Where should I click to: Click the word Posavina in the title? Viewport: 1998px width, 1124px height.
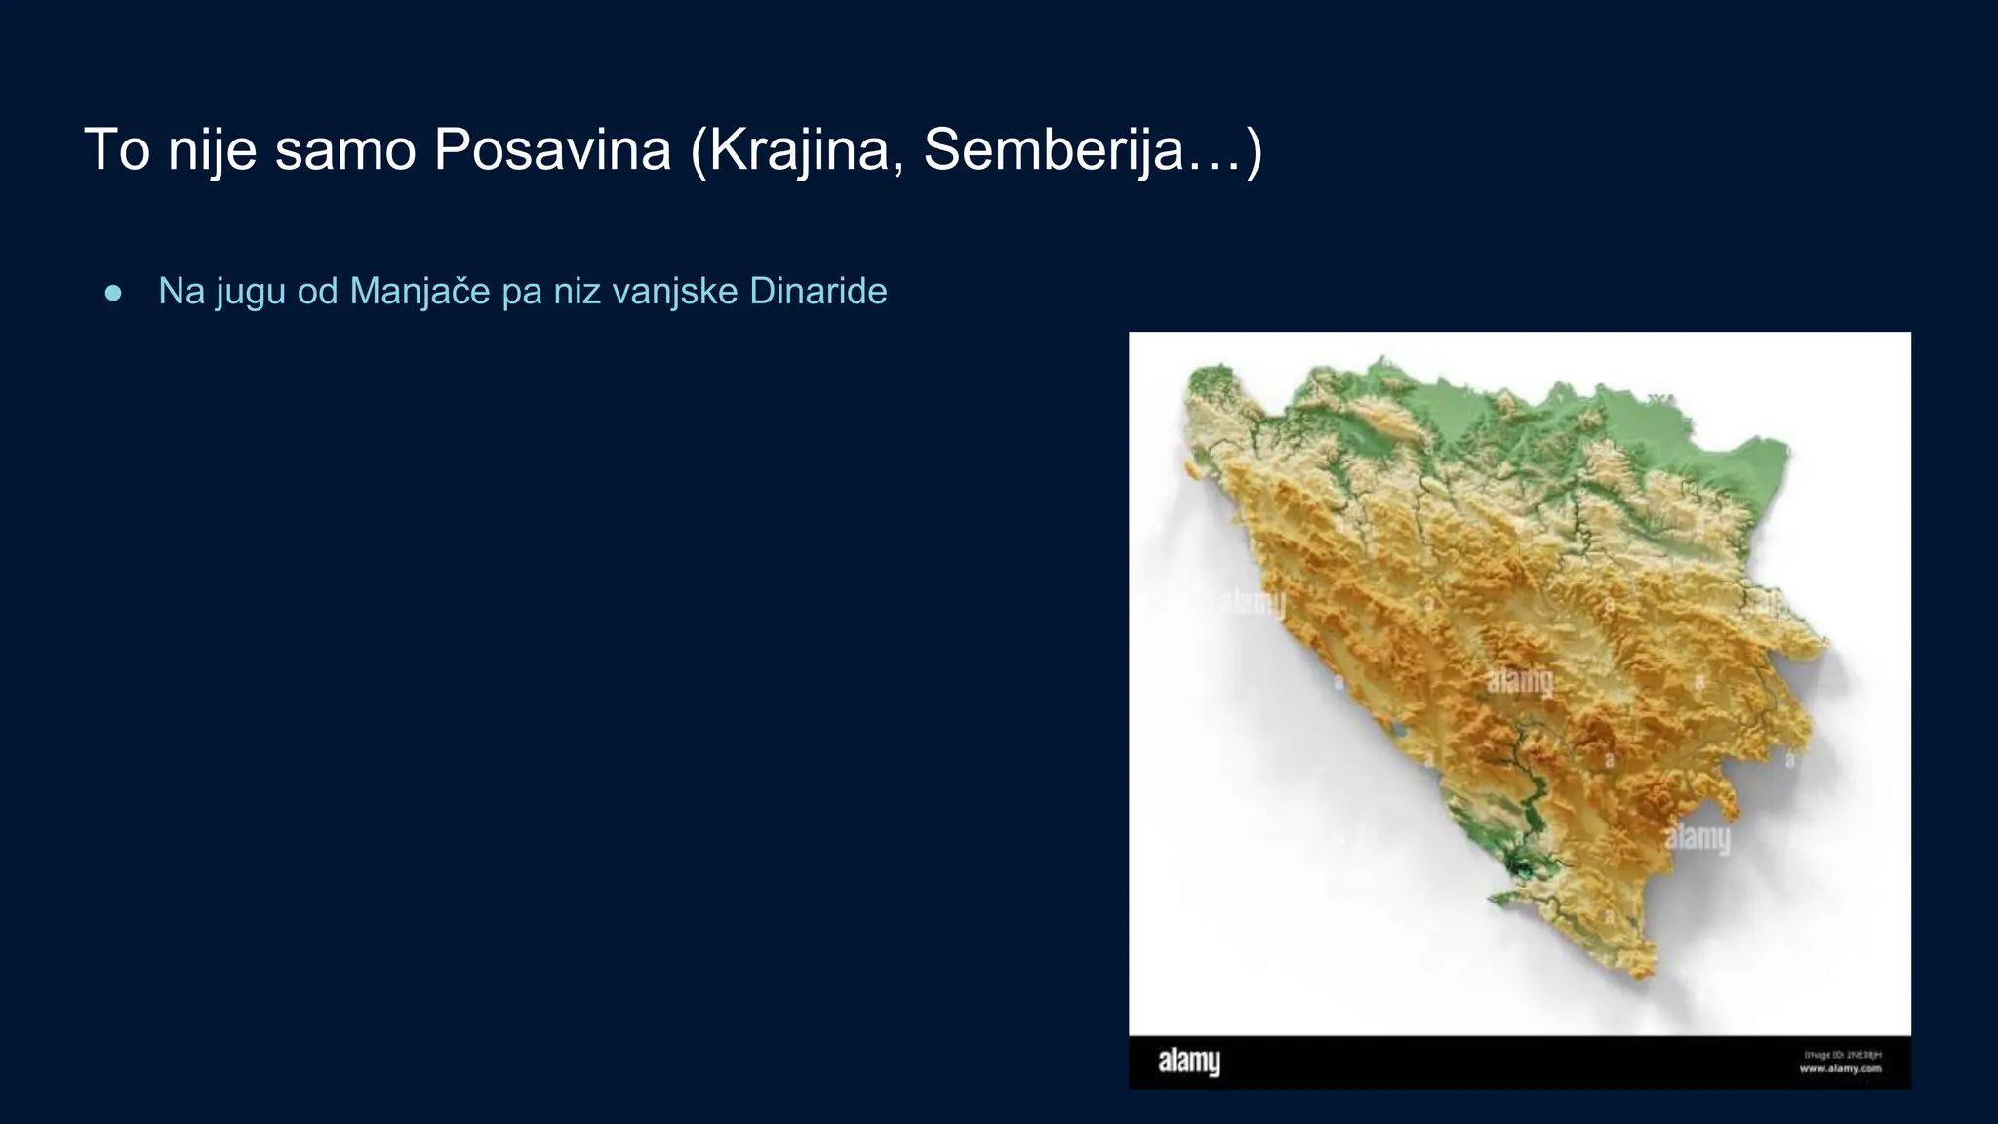point(552,150)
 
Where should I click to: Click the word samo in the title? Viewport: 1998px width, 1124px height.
point(345,150)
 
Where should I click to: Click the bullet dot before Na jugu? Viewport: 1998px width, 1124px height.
point(113,293)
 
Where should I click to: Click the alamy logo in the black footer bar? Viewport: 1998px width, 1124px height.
point(1188,1062)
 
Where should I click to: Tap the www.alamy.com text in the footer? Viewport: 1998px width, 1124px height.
point(1840,1069)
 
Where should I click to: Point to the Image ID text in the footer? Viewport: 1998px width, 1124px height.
point(1842,1055)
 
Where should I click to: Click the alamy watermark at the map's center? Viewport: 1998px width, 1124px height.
point(1520,681)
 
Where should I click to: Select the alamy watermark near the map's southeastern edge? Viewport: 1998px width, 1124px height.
point(1698,837)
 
